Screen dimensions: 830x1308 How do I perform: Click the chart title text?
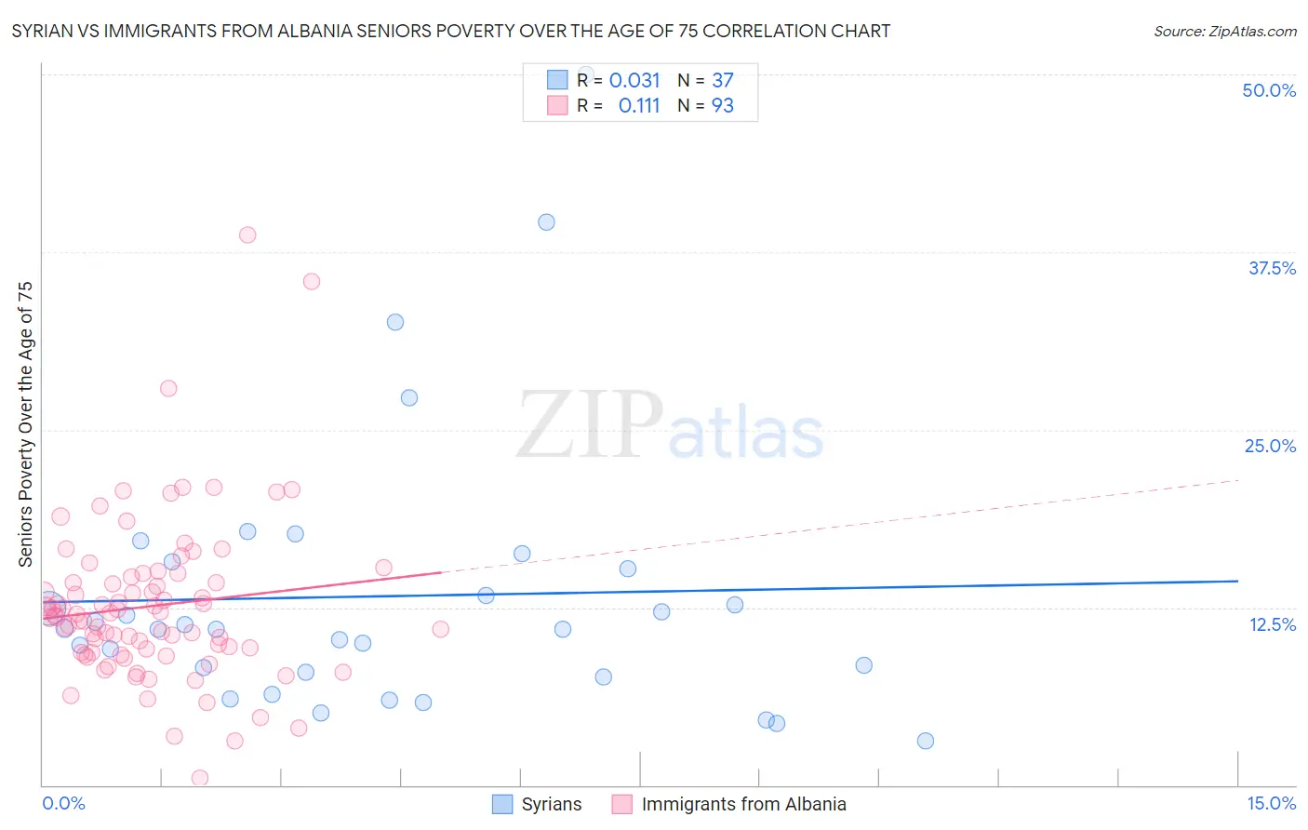[451, 31]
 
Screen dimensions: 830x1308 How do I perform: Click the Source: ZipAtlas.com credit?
[1224, 31]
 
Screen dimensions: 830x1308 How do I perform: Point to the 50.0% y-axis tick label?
[1269, 90]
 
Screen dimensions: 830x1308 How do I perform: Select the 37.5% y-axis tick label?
[1272, 268]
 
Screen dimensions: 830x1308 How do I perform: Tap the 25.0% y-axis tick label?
[1270, 446]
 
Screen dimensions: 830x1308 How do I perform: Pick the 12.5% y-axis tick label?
[1272, 624]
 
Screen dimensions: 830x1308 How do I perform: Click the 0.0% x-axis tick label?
[63, 803]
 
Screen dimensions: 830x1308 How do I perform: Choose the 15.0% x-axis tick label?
[1271, 803]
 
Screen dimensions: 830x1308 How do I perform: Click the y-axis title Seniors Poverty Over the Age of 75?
[25, 423]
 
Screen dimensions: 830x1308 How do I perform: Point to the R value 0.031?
[634, 81]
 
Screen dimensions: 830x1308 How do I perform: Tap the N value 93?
[723, 106]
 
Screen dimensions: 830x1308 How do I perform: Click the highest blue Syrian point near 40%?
[546, 222]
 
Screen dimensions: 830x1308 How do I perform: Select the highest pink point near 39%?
[247, 234]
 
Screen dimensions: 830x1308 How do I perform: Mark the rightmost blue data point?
[925, 741]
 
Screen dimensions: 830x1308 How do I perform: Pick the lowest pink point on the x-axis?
[199, 778]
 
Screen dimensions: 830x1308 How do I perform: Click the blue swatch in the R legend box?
[557, 80]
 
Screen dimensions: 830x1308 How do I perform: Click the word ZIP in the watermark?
[589, 425]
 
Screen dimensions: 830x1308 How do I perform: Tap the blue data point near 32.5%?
[395, 322]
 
